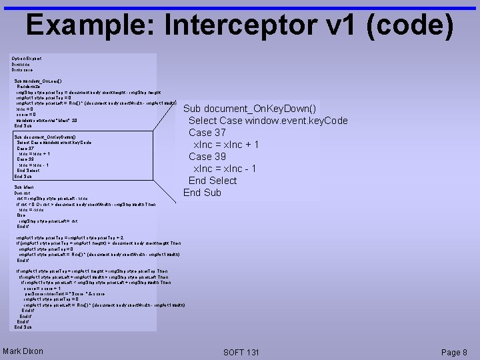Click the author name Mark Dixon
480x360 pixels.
pyautogui.click(x=23, y=351)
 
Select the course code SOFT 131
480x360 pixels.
pyautogui.click(x=241, y=351)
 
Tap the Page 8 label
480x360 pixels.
pyautogui.click(x=455, y=351)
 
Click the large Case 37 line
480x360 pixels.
pyautogui.click(x=207, y=133)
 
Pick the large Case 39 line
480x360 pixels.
pyautogui.click(x=207, y=157)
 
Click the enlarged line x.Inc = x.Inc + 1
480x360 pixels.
pyautogui.click(x=226, y=145)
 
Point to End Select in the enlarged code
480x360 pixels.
pyautogui.click(x=212, y=181)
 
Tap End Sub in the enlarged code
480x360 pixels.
pyautogui.click(x=202, y=193)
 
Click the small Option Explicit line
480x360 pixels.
pyautogui.click(x=26, y=59)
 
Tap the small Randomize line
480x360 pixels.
pyautogui.click(x=29, y=86)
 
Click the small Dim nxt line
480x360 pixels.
pyautogui.click(x=23, y=193)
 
